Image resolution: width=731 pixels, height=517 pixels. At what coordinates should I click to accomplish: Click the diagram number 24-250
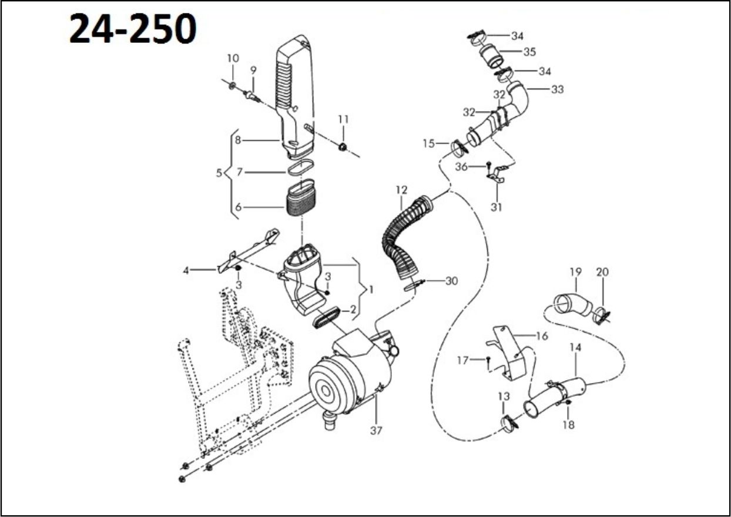pyautogui.click(x=133, y=29)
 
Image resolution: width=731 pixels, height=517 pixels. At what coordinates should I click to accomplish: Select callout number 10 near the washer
pyautogui.click(x=233, y=58)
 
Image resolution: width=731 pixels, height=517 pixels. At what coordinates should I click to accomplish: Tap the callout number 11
pyautogui.click(x=343, y=119)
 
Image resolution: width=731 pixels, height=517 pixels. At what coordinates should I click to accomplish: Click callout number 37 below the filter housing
pyautogui.click(x=376, y=431)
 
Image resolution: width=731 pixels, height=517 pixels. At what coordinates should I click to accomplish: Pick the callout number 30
pyautogui.click(x=451, y=281)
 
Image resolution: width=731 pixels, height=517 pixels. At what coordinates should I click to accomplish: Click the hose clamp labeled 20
pyautogui.click(x=601, y=315)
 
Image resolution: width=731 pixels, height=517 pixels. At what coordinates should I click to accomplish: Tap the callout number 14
pyautogui.click(x=575, y=347)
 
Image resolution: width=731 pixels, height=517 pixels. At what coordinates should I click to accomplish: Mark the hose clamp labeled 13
pyautogui.click(x=509, y=422)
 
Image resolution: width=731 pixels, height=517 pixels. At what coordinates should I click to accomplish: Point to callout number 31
pyautogui.click(x=497, y=207)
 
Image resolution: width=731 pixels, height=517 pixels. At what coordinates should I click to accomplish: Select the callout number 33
pyautogui.click(x=557, y=89)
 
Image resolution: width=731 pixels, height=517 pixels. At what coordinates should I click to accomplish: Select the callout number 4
pyautogui.click(x=186, y=271)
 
